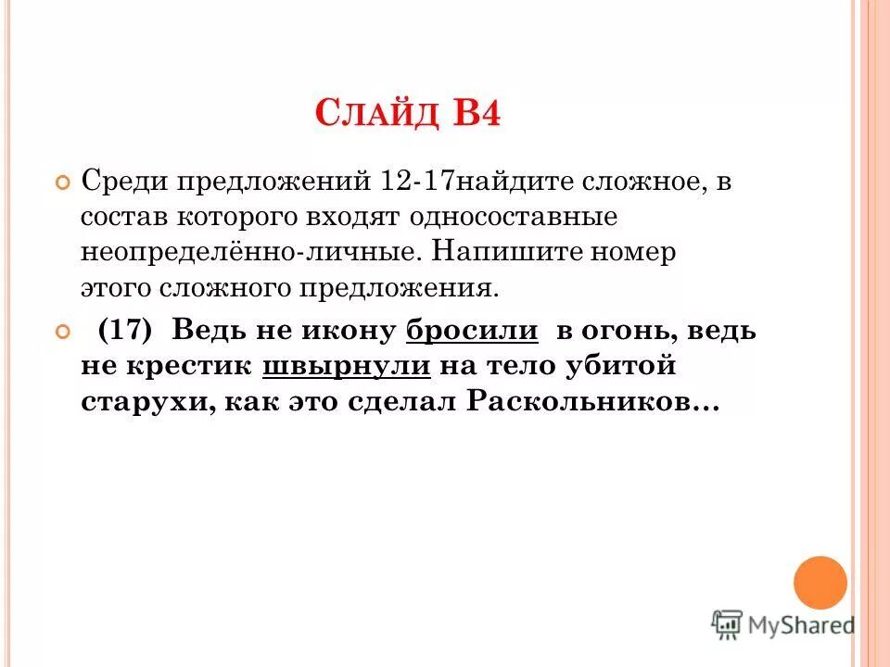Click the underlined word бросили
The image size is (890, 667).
(x=472, y=331)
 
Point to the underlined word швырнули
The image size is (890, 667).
(x=347, y=368)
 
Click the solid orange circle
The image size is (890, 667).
(x=820, y=583)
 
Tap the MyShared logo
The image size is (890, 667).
(x=783, y=625)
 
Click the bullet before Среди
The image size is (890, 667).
(x=63, y=182)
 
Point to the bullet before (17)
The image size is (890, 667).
(x=63, y=332)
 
